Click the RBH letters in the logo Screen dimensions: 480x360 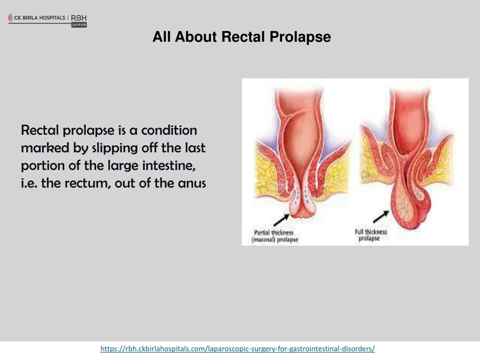pyautogui.click(x=79, y=18)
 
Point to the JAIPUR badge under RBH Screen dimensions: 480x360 pyautogui.click(x=79, y=25)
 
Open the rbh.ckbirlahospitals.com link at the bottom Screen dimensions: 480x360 pyautogui.click(x=238, y=349)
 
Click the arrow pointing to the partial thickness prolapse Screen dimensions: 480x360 pyautogui.click(x=281, y=220)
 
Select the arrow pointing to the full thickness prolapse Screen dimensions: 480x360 pyautogui.click(x=381, y=217)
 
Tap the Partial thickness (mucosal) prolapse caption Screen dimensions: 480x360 pyautogui.click(x=275, y=236)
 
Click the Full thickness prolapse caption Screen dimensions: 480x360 pyautogui.click(x=371, y=235)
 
